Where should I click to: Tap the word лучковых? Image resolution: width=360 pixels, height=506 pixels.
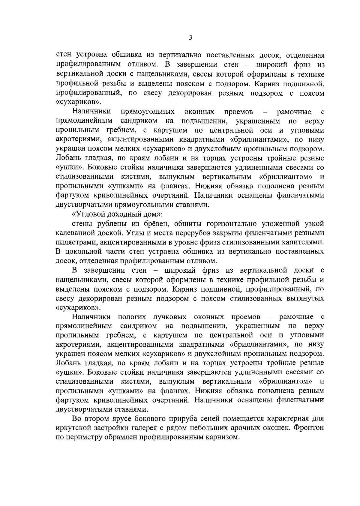[x=170, y=317]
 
